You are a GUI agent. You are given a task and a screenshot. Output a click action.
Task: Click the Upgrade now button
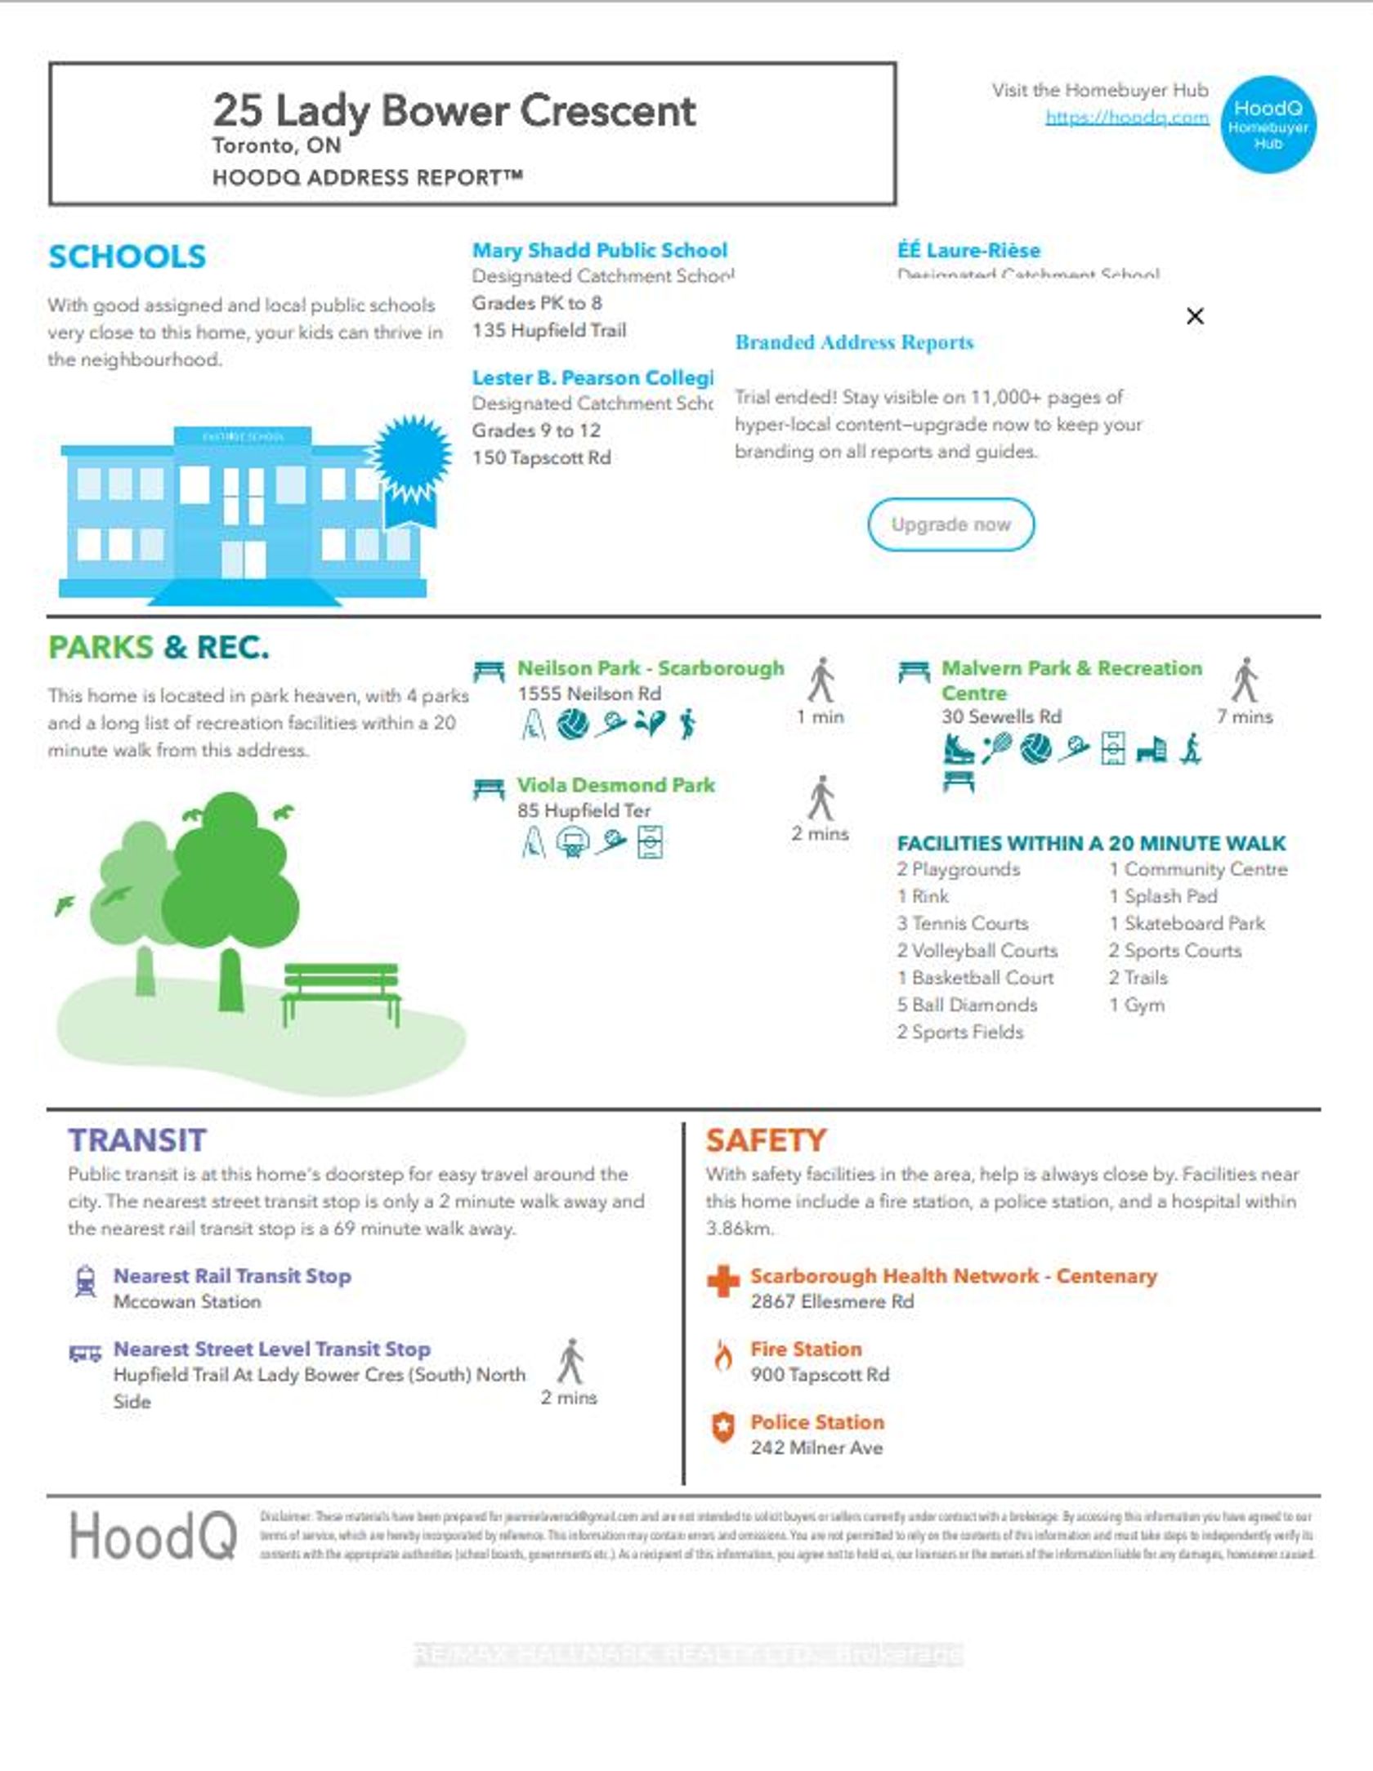coord(950,524)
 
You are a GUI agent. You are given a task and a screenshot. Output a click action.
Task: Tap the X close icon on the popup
coord(1194,316)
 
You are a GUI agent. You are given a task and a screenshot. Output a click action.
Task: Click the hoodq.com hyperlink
coord(1126,117)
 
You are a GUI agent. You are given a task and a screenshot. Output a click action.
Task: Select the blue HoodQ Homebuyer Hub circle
coord(1268,125)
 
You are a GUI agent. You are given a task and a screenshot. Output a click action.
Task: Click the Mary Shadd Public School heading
coord(599,250)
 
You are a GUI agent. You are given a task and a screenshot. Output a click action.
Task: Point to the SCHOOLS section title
coord(127,257)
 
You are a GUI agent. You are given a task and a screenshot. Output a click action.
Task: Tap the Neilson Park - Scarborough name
coord(650,668)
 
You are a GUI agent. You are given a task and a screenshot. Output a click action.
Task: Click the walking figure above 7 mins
coord(1245,680)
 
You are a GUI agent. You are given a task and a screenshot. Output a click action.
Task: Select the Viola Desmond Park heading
coord(615,785)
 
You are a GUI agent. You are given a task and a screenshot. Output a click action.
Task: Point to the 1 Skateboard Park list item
coord(1186,923)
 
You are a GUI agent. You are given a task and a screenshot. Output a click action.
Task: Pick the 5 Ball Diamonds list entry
coord(966,1005)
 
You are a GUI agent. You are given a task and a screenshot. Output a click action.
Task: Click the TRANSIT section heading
coord(136,1140)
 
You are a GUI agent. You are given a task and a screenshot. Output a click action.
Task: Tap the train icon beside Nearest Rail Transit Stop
coord(85,1281)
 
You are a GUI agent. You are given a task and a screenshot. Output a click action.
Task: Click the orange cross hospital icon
coord(723,1281)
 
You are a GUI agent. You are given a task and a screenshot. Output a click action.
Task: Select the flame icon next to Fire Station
coord(723,1356)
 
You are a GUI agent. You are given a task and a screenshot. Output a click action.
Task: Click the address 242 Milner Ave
coord(816,1448)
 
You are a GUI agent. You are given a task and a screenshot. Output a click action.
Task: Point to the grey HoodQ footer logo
coord(153,1536)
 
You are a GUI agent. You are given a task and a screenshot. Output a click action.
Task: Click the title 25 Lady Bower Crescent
coord(454,110)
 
